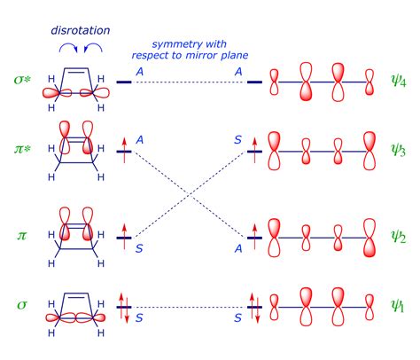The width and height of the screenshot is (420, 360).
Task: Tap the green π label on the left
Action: tap(20, 236)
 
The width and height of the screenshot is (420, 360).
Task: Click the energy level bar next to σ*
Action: tap(124, 82)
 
